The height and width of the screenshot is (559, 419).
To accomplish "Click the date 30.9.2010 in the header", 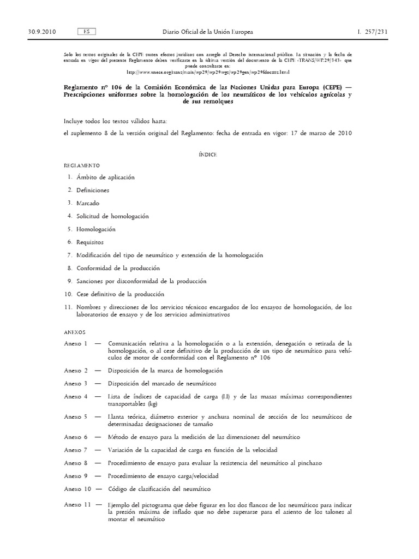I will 41,32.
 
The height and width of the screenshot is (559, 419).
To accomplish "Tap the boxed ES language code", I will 87,32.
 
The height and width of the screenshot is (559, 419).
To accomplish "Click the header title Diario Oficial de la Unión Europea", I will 208,32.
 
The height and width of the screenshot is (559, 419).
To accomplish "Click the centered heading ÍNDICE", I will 208,154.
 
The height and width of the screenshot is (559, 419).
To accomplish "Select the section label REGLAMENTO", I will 82,165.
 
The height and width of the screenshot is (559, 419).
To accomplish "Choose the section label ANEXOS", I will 75,332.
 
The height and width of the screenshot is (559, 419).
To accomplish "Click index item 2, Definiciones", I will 93,190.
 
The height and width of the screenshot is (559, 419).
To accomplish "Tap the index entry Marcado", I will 88,203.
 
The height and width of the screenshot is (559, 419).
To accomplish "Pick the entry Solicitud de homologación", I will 112,216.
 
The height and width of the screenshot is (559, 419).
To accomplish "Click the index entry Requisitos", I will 90,242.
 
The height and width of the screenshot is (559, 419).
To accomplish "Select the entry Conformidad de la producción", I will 118,268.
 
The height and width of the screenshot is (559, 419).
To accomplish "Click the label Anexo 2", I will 75,370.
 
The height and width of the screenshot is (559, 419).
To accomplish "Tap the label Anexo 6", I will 75,437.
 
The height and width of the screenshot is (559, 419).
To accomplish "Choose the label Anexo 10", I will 77,489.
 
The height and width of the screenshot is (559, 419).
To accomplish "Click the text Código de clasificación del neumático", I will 159,489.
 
